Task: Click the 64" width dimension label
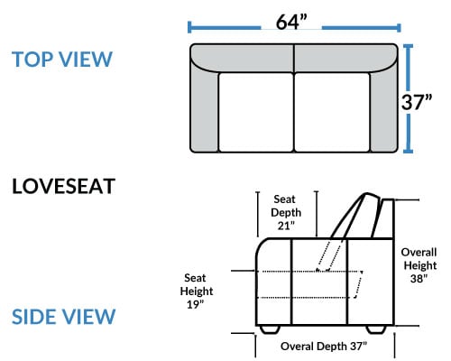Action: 291,22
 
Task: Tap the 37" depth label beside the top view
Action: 417,102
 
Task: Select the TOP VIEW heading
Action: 62,59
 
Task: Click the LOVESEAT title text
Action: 63,186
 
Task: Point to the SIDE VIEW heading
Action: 63,317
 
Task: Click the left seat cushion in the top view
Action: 256,112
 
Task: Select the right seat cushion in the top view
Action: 332,112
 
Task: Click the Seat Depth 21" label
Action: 286,212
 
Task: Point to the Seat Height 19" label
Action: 197,291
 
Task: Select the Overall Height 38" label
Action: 419,265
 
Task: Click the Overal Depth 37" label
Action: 324,347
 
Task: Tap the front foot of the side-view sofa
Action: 270,329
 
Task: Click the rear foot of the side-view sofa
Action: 376,329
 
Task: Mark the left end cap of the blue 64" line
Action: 189,27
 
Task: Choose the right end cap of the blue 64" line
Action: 399,28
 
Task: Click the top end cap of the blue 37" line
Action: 408,45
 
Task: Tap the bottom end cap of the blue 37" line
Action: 408,152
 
